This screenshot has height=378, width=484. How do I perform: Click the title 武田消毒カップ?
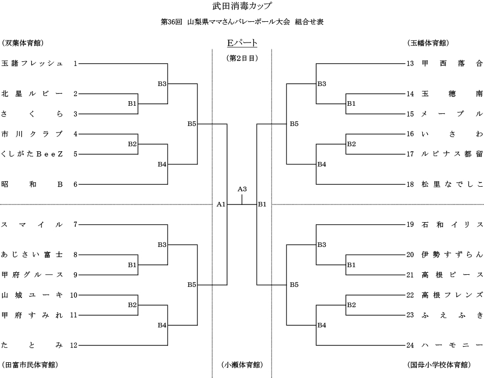(x=242, y=7)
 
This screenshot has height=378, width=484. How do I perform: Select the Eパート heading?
(x=242, y=43)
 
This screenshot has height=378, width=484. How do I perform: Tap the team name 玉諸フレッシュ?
(x=32, y=63)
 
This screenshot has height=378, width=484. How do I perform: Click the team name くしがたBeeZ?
(x=32, y=154)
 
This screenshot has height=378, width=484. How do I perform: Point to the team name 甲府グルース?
(x=32, y=275)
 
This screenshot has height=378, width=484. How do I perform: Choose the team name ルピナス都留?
(x=452, y=154)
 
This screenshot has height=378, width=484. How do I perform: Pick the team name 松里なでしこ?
(x=452, y=184)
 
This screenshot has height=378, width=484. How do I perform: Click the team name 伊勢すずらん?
(x=452, y=255)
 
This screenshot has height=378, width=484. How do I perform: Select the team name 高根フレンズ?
(x=452, y=295)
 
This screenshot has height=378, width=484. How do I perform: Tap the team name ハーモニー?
(x=452, y=345)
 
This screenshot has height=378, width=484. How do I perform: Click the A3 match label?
(x=242, y=189)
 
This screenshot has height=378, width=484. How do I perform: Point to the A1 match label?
(x=221, y=204)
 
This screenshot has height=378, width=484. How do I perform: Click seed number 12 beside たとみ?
(x=73, y=345)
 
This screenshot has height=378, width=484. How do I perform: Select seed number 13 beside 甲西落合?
(x=410, y=63)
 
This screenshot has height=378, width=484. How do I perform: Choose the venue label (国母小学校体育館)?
(x=439, y=364)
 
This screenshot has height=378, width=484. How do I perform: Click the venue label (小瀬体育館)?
(x=242, y=364)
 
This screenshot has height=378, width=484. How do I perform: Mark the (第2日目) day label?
(x=242, y=58)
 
